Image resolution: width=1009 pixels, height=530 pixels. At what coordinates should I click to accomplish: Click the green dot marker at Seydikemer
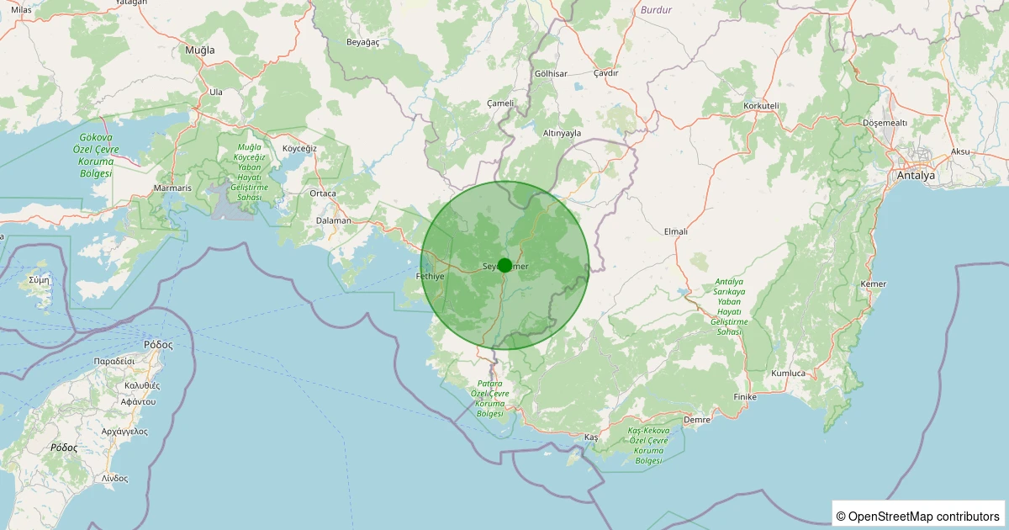pyautogui.click(x=504, y=265)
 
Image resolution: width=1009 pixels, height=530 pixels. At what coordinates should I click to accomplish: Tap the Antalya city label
pyautogui.click(x=916, y=177)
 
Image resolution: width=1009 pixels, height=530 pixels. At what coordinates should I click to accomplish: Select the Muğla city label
pyautogui.click(x=199, y=50)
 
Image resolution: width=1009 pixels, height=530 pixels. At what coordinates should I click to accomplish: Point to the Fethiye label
pyautogui.click(x=430, y=277)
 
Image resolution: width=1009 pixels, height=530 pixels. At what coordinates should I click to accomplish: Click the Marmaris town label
pyautogui.click(x=173, y=188)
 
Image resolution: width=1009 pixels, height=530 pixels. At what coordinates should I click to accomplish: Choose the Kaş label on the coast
pyautogui.click(x=591, y=438)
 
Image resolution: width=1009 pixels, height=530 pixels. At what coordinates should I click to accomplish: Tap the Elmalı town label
pyautogui.click(x=676, y=231)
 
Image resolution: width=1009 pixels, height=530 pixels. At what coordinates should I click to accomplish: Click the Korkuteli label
pyautogui.click(x=762, y=106)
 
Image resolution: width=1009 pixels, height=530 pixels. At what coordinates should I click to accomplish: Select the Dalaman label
pyautogui.click(x=333, y=220)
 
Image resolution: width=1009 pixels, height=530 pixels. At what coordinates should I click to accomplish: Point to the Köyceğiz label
pyautogui.click(x=299, y=148)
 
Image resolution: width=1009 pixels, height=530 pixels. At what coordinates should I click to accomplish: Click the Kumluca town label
pyautogui.click(x=788, y=373)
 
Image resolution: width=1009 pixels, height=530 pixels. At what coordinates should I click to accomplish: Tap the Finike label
pyautogui.click(x=745, y=396)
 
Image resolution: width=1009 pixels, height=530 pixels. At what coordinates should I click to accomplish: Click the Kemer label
pyautogui.click(x=874, y=284)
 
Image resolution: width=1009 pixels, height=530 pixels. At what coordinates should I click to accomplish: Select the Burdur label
pyautogui.click(x=656, y=10)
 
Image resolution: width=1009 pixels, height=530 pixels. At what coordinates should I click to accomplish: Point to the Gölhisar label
pyautogui.click(x=551, y=74)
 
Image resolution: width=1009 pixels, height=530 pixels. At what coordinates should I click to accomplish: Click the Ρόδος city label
pyautogui.click(x=158, y=344)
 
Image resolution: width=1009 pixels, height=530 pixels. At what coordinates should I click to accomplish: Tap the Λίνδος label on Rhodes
pyautogui.click(x=114, y=478)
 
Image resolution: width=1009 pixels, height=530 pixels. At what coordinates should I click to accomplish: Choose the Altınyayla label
pyautogui.click(x=563, y=133)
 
